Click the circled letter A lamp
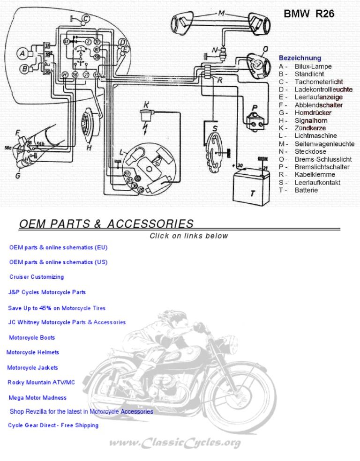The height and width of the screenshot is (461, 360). pos(22,54)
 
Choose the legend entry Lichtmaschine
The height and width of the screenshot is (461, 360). pos(315,136)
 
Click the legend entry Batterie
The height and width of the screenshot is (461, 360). pos(306,190)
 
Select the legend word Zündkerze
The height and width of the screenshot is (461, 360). pos(310,128)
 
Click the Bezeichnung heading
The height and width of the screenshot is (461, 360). pos(300,58)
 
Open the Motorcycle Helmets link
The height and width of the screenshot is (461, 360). pos(33,352)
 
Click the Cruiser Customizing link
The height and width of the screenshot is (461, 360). pos(37,277)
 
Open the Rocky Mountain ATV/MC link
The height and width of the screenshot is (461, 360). pos(41,382)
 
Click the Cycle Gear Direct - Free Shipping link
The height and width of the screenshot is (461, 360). pos(53,425)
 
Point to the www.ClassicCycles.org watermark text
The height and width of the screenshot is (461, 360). pos(175,442)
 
